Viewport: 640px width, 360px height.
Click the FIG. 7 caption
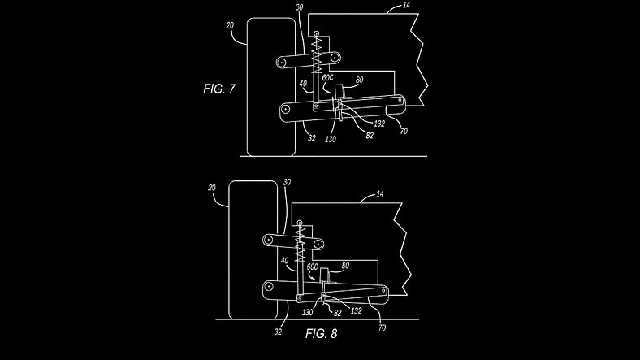coord(219,89)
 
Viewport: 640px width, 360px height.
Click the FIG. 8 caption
coord(322,333)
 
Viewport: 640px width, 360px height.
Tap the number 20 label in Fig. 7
coord(230,25)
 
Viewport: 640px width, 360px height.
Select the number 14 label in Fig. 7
coord(406,5)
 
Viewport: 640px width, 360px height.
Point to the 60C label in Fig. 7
coord(328,77)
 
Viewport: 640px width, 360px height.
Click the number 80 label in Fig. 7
coord(359,80)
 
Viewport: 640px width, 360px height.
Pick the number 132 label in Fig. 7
coord(379,124)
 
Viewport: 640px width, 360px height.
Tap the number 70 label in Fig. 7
coord(404,131)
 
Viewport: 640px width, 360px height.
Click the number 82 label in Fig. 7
coord(369,136)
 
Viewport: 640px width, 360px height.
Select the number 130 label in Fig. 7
coord(331,139)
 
